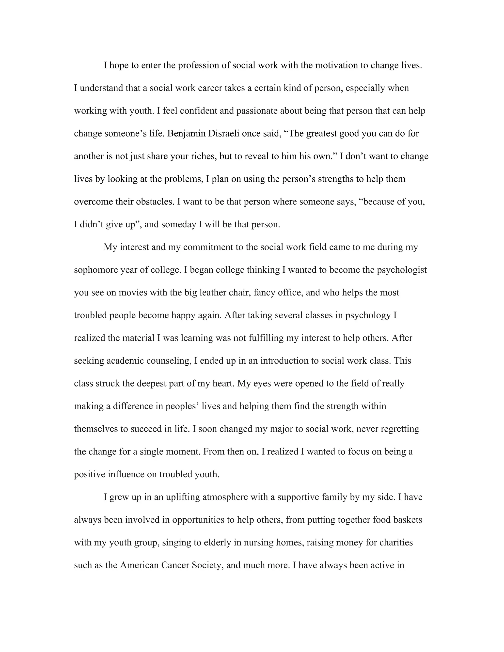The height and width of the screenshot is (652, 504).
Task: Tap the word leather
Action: point(213,293)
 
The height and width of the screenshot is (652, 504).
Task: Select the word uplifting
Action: point(183,497)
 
